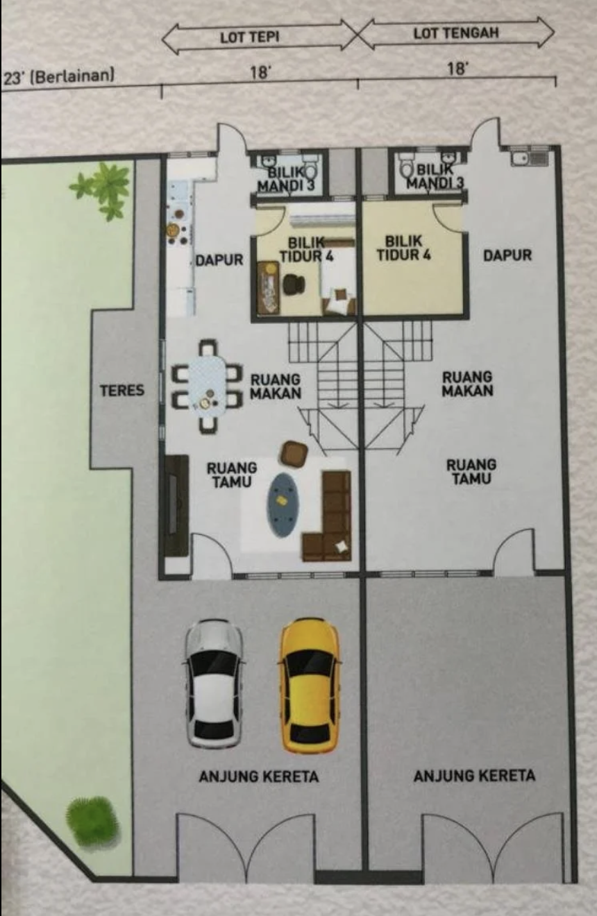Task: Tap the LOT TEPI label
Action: pyautogui.click(x=250, y=37)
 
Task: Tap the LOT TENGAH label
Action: pyautogui.click(x=456, y=33)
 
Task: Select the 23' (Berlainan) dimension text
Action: pyautogui.click(x=59, y=76)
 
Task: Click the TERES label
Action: pyautogui.click(x=122, y=390)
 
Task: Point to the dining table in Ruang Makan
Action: pyautogui.click(x=208, y=386)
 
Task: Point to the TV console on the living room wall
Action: pyautogui.click(x=177, y=505)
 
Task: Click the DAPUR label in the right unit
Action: pyautogui.click(x=507, y=255)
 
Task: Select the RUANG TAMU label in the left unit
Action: pyautogui.click(x=232, y=475)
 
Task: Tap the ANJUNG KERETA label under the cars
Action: pyautogui.click(x=259, y=776)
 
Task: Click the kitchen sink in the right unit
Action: pyautogui.click(x=530, y=158)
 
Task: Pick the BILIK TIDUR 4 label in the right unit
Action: pyautogui.click(x=403, y=248)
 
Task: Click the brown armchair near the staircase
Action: pyautogui.click(x=294, y=453)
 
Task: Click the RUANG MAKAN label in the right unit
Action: pyautogui.click(x=467, y=384)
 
